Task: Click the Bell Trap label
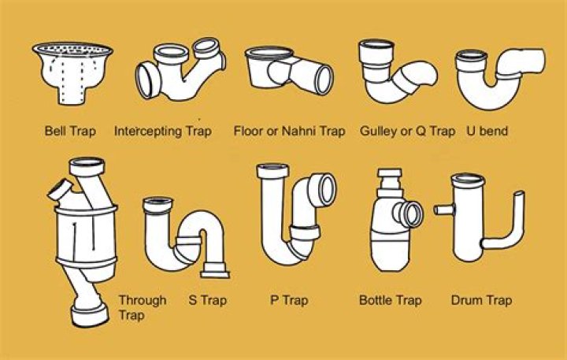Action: [70, 131]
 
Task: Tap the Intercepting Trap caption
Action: [163, 131]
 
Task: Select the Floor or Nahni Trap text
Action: [289, 131]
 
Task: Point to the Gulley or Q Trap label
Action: [408, 132]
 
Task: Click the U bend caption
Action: [487, 131]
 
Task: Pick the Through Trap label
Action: [143, 307]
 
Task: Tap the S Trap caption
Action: [208, 301]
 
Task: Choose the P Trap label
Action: [289, 301]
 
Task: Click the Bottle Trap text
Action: [391, 301]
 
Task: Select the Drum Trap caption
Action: [482, 301]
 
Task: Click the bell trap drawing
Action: [72, 73]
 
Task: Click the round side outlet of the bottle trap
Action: [410, 214]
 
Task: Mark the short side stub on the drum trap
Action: [443, 210]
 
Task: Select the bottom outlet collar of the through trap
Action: [90, 315]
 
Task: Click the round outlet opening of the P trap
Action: [326, 190]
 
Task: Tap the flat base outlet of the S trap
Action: [215, 271]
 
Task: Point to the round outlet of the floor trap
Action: [324, 80]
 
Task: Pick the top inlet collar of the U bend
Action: [472, 60]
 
